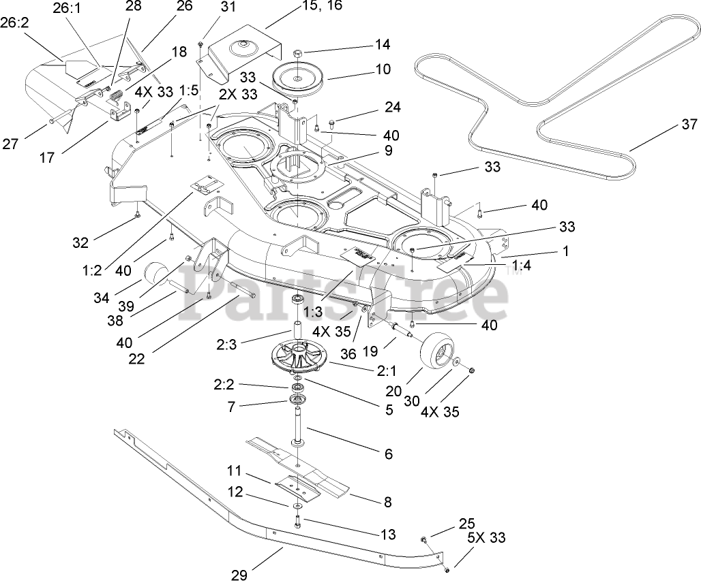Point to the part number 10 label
click(383, 69)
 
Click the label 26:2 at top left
click(15, 22)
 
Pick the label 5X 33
click(486, 537)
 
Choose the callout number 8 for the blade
click(388, 503)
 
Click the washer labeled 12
click(298, 506)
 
